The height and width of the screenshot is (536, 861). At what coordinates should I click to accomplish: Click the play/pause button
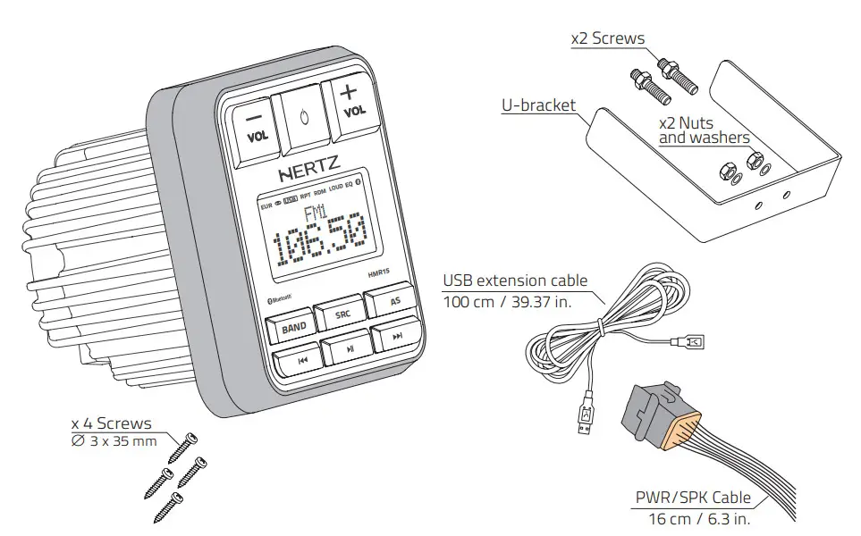(x=350, y=348)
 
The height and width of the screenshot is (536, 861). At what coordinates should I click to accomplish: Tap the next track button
(x=397, y=336)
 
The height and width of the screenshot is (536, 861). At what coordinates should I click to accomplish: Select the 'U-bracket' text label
(x=536, y=105)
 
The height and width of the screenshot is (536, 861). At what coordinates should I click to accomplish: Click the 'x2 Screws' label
(x=607, y=39)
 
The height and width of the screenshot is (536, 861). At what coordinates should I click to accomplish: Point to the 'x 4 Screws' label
(x=112, y=423)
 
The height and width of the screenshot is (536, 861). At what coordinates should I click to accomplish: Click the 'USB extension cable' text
(x=515, y=281)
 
